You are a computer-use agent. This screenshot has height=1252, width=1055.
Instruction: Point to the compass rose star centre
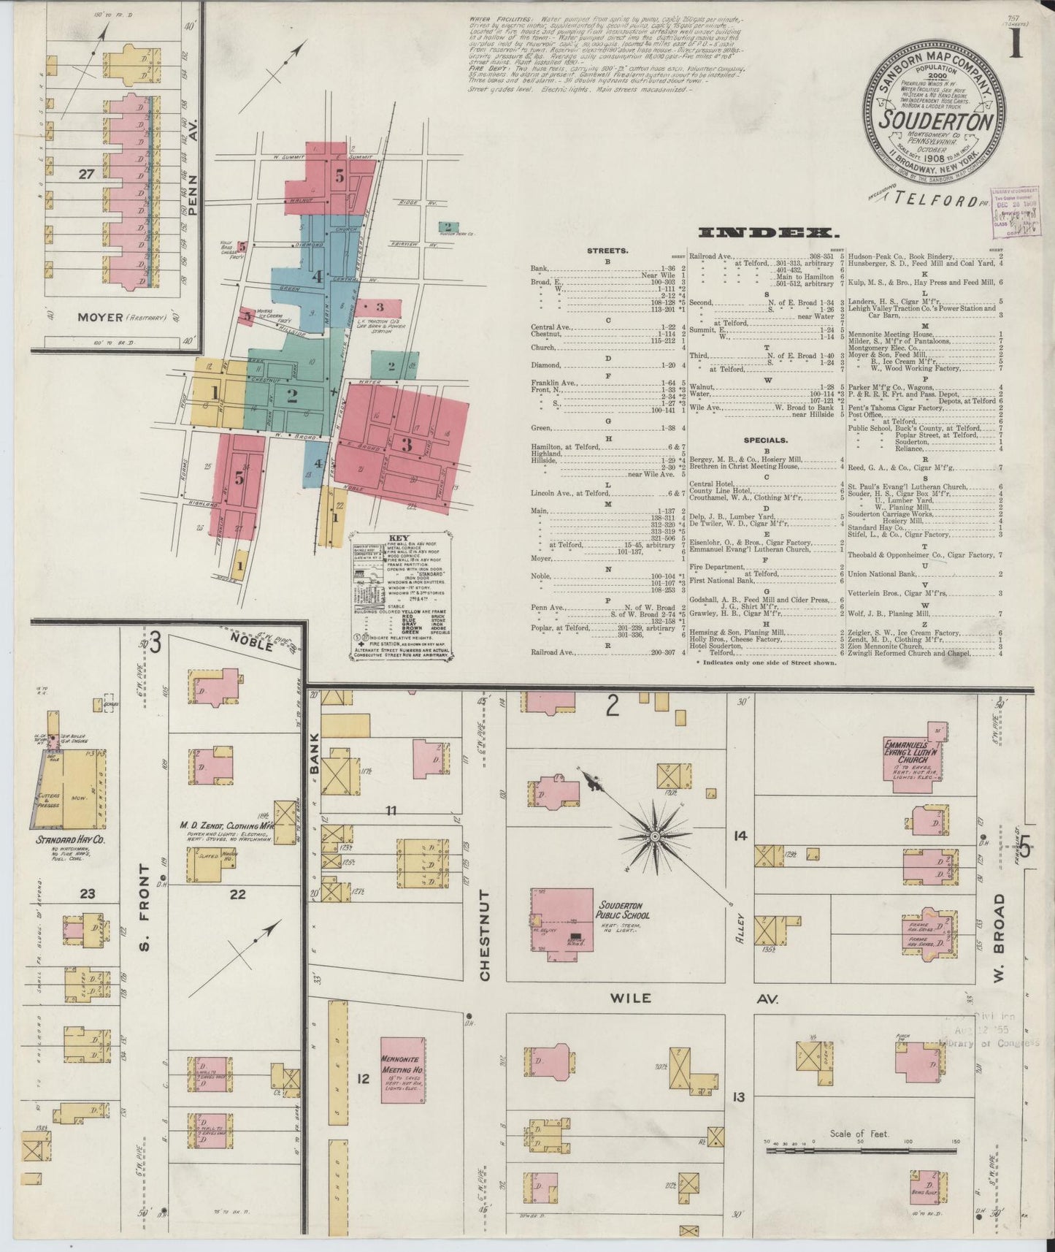tap(655, 835)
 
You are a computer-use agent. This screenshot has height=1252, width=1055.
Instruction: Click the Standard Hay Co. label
tap(70, 841)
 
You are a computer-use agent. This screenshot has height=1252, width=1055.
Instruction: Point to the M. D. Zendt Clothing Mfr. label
tap(226, 826)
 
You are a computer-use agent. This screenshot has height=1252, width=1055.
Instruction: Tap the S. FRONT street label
tap(145, 906)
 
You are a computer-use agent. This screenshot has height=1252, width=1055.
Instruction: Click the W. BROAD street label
tap(999, 923)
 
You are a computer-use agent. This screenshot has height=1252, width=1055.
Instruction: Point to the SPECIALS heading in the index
tap(766, 440)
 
